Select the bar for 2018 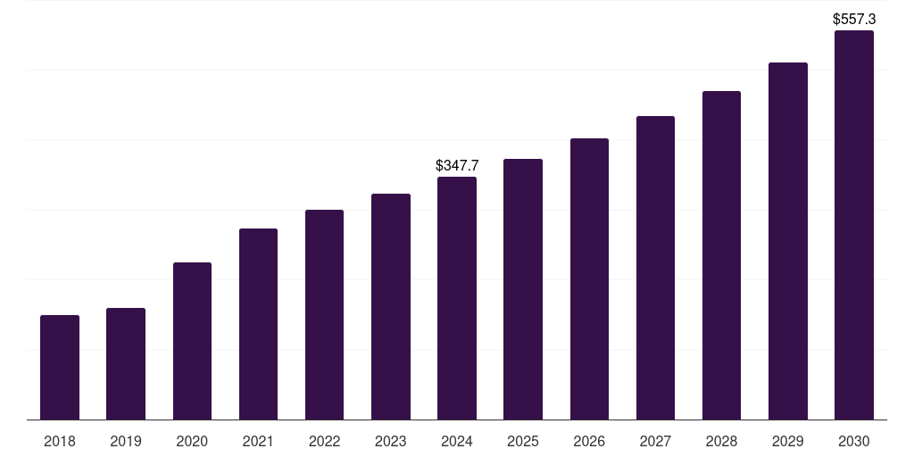coord(60,367)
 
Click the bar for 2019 coord(126,363)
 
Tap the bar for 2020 coord(192,341)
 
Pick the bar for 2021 coord(258,324)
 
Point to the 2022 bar coord(324,314)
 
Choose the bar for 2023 coord(391,306)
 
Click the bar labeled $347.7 coord(457,298)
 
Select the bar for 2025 coord(523,289)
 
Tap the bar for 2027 coord(655,268)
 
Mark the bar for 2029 coord(788,241)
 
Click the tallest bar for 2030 coord(854,225)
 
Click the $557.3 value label coord(854,19)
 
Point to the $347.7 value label coord(457,165)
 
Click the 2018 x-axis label coord(60,441)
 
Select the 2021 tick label coord(258,441)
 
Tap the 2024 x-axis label coord(457,441)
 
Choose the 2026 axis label coord(589,441)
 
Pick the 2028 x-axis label coord(721,441)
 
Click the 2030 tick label coord(854,441)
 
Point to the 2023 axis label coord(391,441)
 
